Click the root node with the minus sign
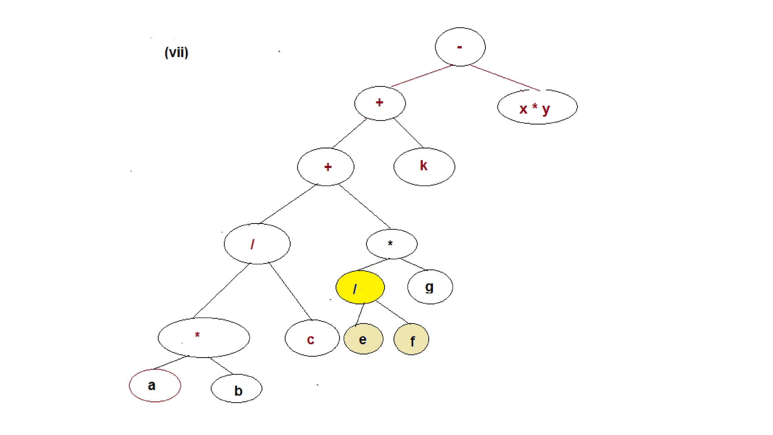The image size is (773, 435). [460, 47]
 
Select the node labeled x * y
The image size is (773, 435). [537, 107]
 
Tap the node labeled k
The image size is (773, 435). [424, 167]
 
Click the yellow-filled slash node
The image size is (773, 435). [360, 287]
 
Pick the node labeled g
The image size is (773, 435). [430, 287]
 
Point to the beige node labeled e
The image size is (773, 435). [363, 339]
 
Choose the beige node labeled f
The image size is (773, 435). [411, 339]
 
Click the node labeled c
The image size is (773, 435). [312, 338]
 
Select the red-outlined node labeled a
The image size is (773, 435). [155, 386]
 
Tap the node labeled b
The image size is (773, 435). [236, 389]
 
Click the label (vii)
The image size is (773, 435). [176, 52]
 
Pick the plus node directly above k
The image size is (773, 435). [380, 103]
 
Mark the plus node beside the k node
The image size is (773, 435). [325, 167]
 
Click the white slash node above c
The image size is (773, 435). [257, 244]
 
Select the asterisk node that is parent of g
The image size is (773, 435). [391, 244]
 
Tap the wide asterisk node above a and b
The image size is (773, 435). [203, 337]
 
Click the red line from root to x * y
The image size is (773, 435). [505, 78]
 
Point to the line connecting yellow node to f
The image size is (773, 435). [392, 313]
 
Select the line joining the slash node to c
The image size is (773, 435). [290, 291]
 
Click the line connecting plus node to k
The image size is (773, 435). [408, 133]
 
